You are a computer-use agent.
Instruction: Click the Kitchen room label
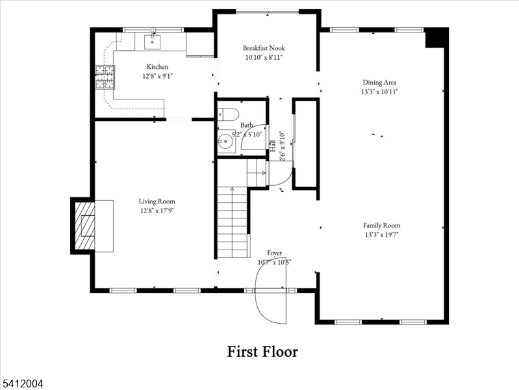pyautogui.click(x=157, y=67)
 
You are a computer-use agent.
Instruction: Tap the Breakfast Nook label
pyautogui.click(x=264, y=48)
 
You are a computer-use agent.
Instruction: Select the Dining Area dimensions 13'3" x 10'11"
pyautogui.click(x=379, y=92)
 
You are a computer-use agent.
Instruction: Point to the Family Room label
pyautogui.click(x=381, y=226)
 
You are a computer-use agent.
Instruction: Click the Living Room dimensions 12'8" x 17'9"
pyautogui.click(x=157, y=211)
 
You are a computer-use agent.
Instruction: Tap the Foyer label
pyautogui.click(x=274, y=252)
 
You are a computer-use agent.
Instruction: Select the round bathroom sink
pyautogui.click(x=226, y=140)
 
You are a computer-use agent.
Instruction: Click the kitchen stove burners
pyautogui.click(x=105, y=78)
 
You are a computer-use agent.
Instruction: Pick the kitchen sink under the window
pyautogui.click(x=151, y=42)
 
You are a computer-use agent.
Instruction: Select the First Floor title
pyautogui.click(x=262, y=352)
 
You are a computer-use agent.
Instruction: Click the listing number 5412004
pyautogui.click(x=22, y=384)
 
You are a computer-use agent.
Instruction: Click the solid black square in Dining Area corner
pyautogui.click(x=433, y=38)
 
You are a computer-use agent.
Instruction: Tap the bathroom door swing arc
pyautogui.click(x=255, y=136)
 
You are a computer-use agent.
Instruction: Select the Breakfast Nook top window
pyautogui.click(x=267, y=11)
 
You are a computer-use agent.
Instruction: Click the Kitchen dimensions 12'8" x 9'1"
pyautogui.click(x=157, y=76)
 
